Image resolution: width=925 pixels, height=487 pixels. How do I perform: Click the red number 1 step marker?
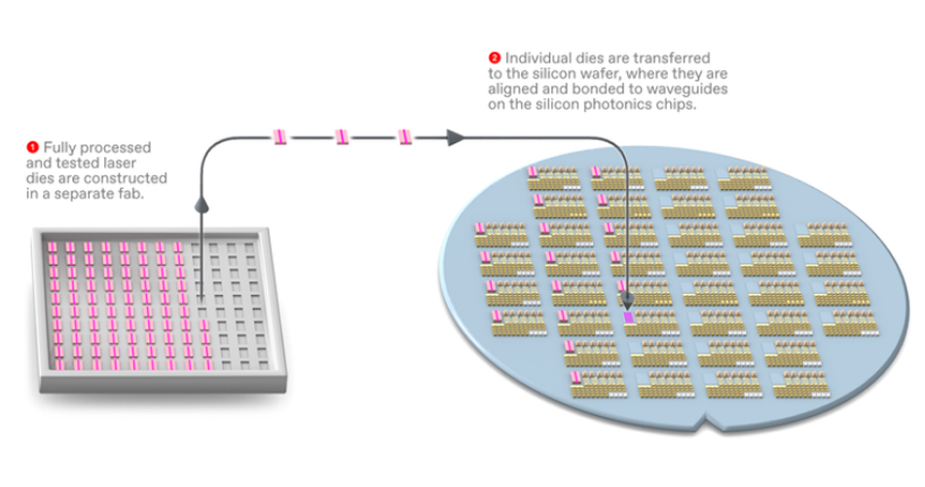(33, 147)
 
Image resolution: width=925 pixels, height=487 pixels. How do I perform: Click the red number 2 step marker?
(497, 57)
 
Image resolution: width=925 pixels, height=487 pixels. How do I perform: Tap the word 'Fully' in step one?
(57, 147)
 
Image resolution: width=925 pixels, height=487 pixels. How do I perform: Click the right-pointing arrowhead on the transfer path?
(454, 137)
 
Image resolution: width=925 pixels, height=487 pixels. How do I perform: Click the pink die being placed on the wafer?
(627, 317)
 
